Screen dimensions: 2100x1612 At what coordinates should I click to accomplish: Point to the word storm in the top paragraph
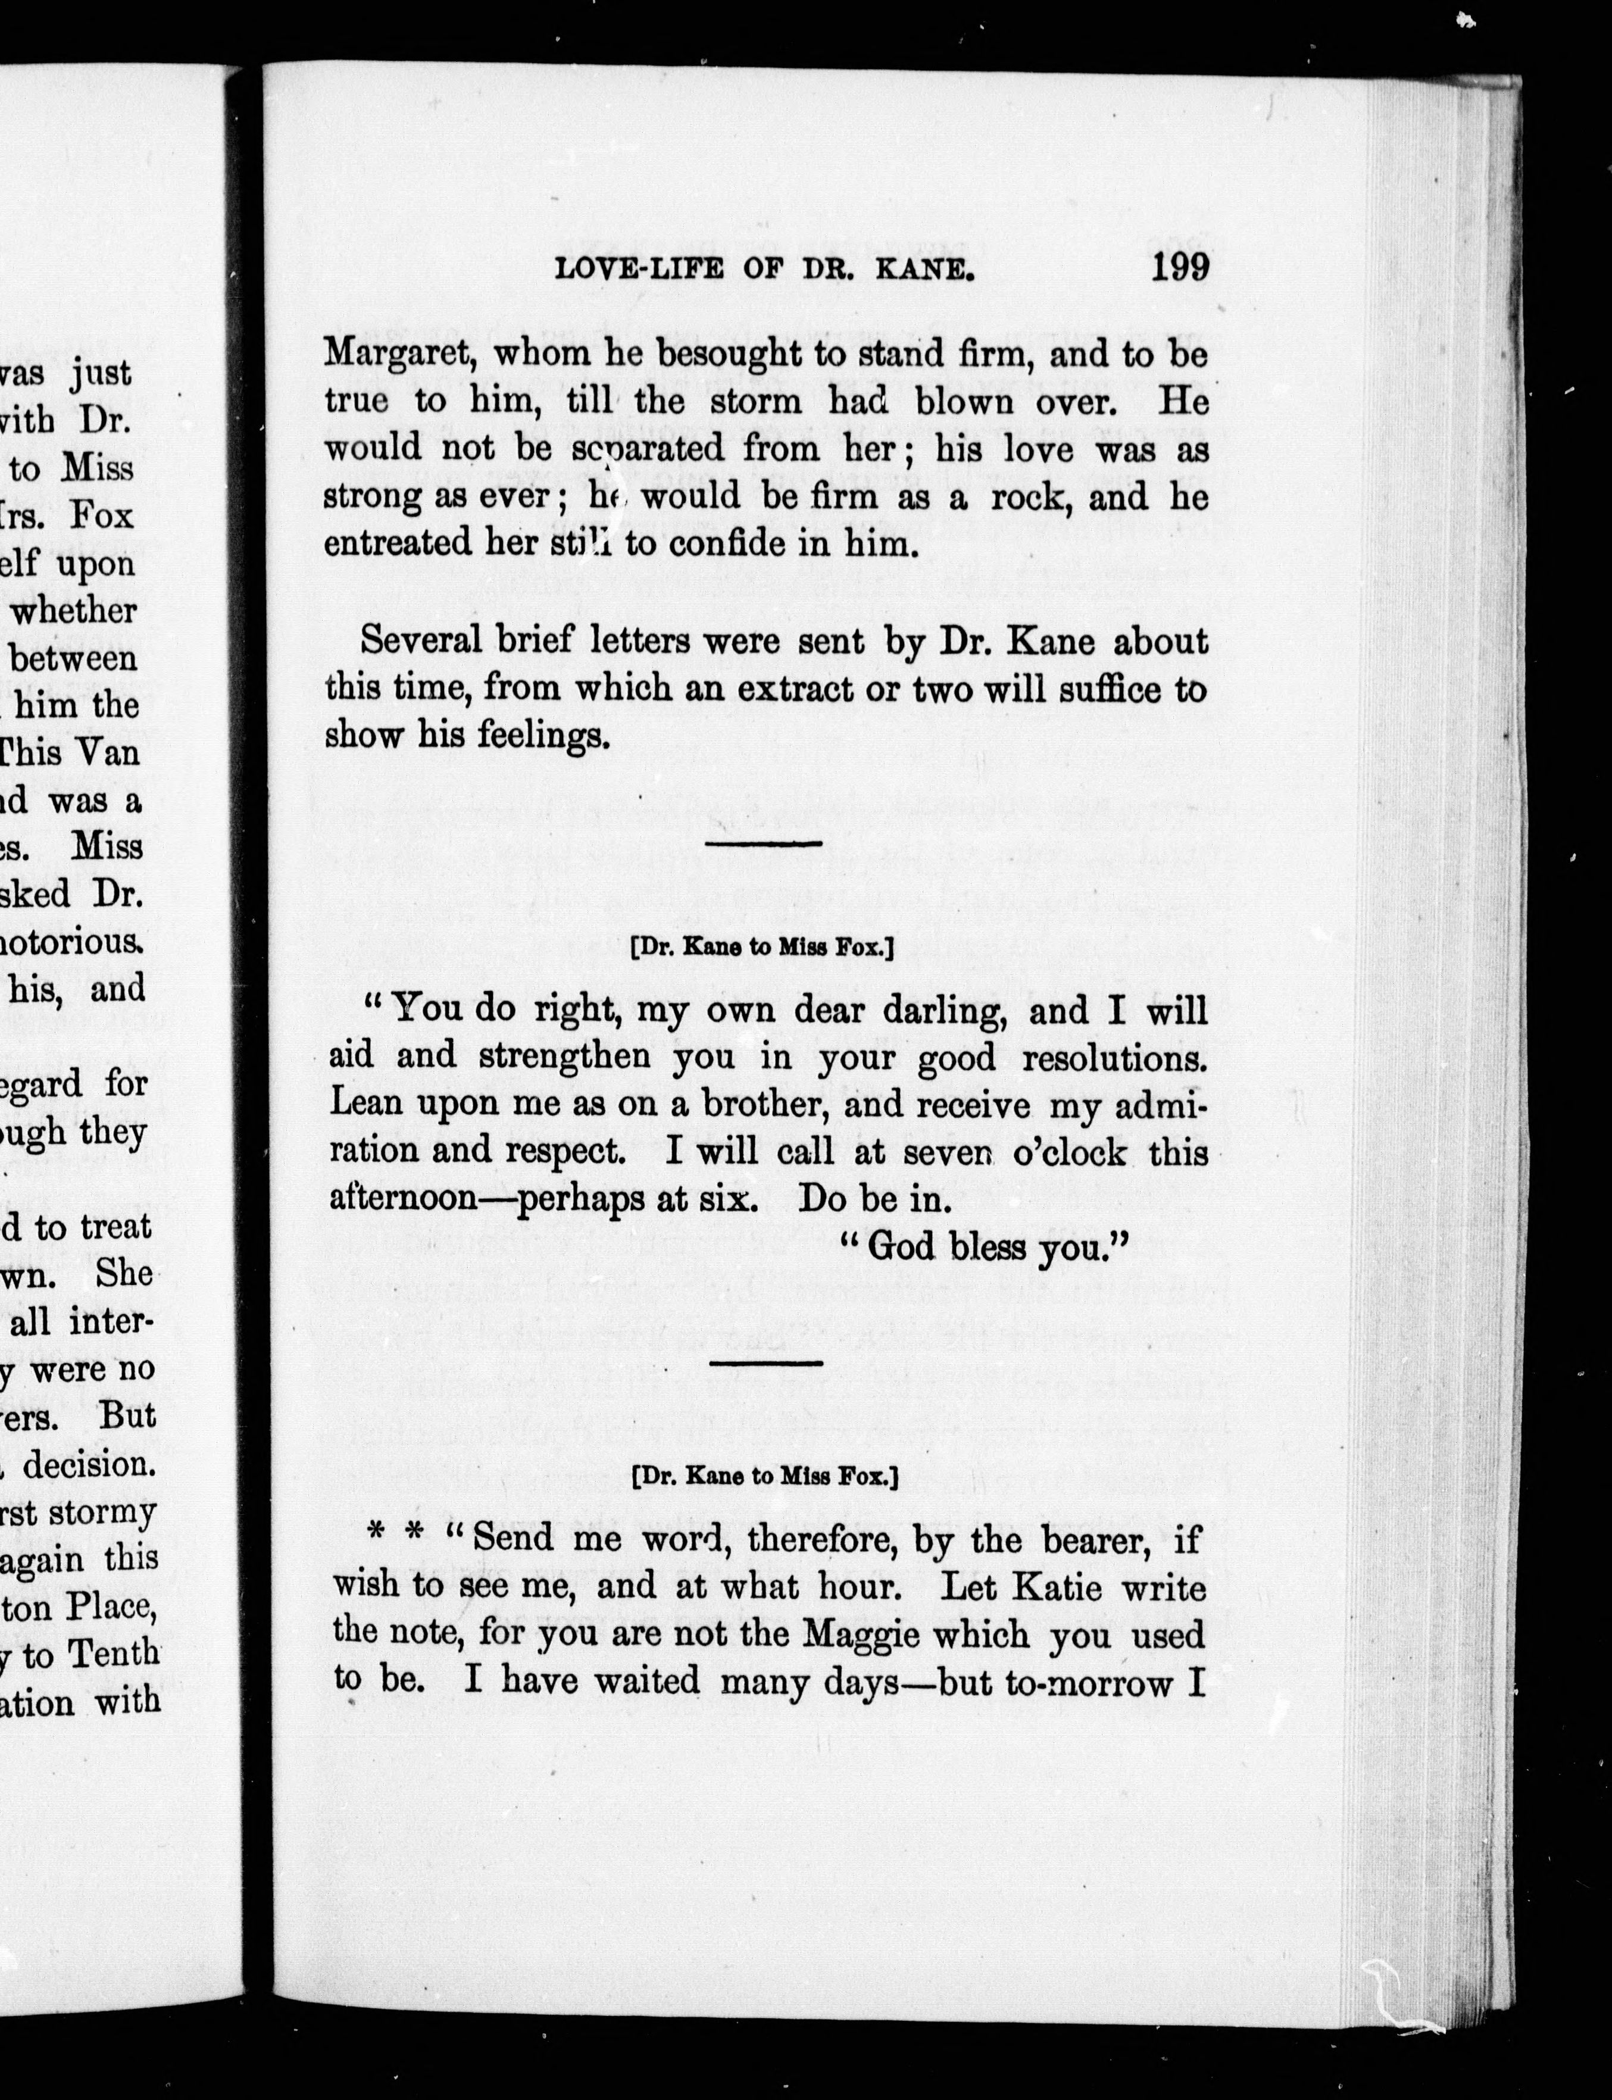tap(755, 402)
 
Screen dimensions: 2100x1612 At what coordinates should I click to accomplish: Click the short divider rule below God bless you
tap(765, 1363)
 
